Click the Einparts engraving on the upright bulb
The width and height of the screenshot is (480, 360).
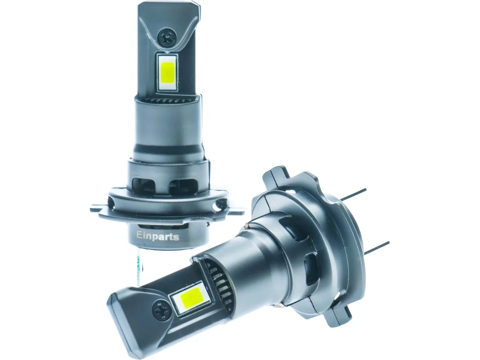[157, 236]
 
